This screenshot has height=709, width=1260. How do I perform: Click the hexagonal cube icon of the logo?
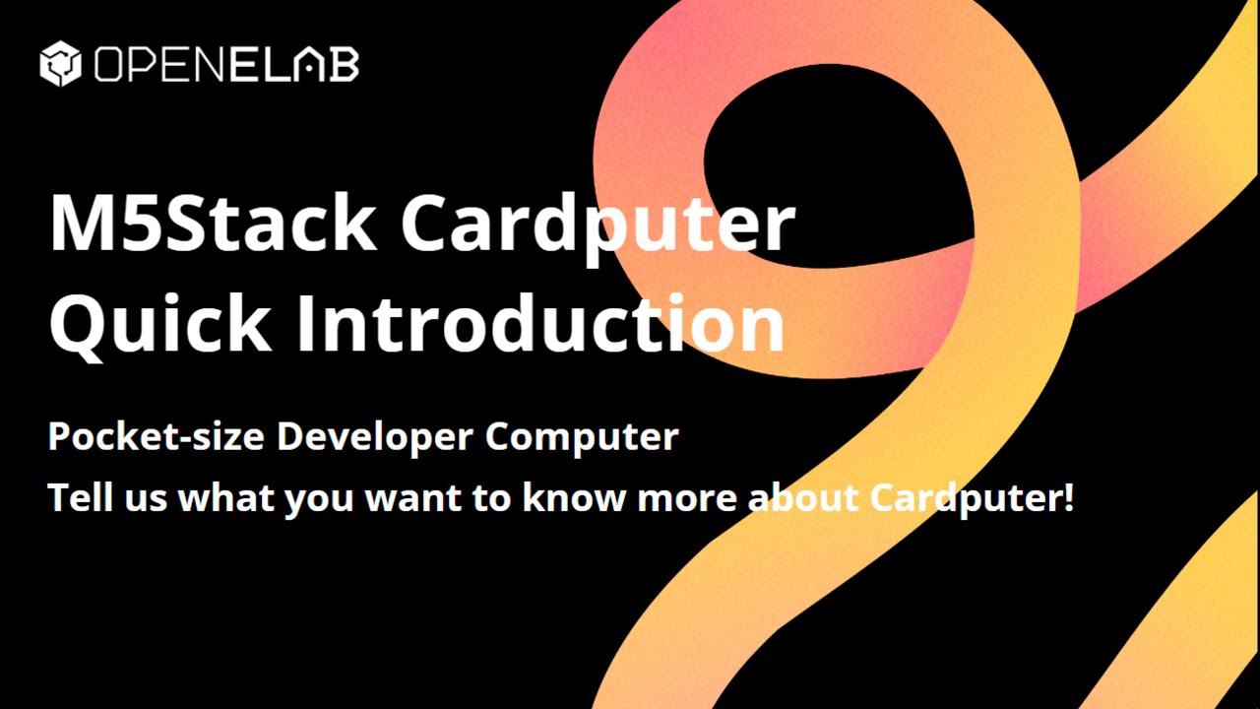tap(59, 64)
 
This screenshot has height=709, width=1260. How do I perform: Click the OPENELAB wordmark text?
tap(226, 65)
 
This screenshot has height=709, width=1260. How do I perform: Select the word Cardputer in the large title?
tap(598, 225)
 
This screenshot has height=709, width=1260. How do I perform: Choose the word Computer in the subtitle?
tap(582, 437)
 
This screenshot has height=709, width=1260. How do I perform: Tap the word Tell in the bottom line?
tap(77, 497)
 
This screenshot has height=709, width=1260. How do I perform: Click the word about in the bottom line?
tap(803, 497)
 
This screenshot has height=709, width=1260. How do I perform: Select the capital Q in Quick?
tap(79, 325)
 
